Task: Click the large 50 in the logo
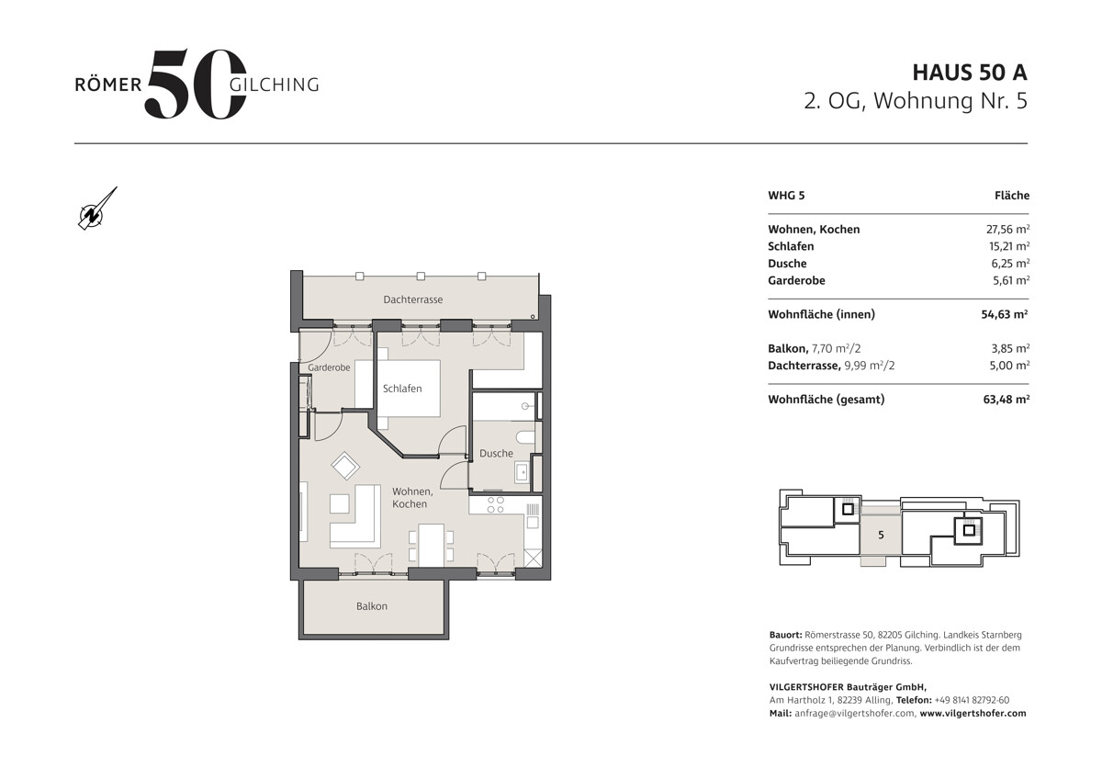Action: pyautogui.click(x=195, y=84)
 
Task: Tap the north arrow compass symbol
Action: pyautogui.click(x=97, y=209)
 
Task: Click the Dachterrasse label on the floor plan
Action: pyautogui.click(x=412, y=299)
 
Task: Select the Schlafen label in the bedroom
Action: pyautogui.click(x=402, y=389)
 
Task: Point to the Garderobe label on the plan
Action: pyautogui.click(x=329, y=367)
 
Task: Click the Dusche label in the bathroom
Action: pyautogui.click(x=496, y=453)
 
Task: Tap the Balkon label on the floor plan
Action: pyautogui.click(x=371, y=605)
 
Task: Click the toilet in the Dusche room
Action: pyautogui.click(x=525, y=437)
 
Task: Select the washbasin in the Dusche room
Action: pyautogui.click(x=522, y=472)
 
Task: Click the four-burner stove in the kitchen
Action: pyautogui.click(x=495, y=505)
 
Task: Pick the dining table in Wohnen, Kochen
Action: pyautogui.click(x=431, y=546)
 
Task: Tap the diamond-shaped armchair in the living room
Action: pyautogui.click(x=345, y=466)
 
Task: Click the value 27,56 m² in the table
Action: pyautogui.click(x=1007, y=229)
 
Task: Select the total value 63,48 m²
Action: pyautogui.click(x=1006, y=399)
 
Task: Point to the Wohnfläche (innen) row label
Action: pyautogui.click(x=821, y=314)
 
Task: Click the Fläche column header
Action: pyautogui.click(x=1012, y=196)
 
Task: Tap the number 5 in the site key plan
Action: pyautogui.click(x=881, y=535)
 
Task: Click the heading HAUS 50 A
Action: pyautogui.click(x=970, y=73)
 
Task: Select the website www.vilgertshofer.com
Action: pyautogui.click(x=973, y=713)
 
